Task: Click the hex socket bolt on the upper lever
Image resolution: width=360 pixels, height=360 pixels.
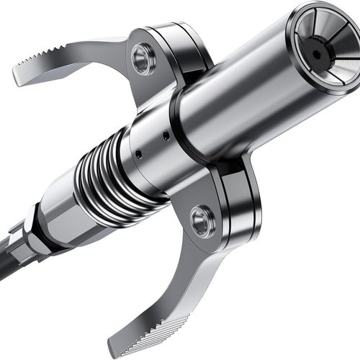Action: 143,60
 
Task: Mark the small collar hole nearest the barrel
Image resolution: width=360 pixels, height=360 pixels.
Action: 166,135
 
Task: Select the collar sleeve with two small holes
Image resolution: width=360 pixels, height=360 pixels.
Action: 151,148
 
